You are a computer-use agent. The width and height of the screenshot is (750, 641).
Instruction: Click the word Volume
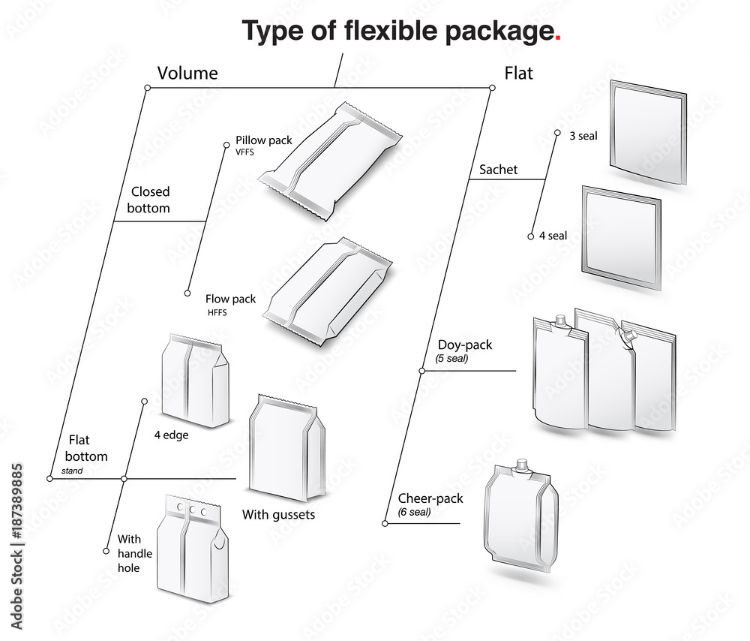tap(187, 73)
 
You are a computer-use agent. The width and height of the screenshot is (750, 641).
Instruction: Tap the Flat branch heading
tap(518, 73)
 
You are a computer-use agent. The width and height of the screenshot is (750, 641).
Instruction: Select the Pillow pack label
tap(264, 140)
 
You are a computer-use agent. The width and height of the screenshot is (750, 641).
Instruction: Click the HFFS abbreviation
tap(217, 311)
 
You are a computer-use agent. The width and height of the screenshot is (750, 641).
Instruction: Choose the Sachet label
tap(499, 170)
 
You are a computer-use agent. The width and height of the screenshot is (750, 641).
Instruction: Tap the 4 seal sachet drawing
tap(621, 237)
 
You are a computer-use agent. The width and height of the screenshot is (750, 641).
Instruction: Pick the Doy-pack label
tap(465, 345)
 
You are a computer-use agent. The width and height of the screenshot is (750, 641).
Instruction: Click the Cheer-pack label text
tap(430, 498)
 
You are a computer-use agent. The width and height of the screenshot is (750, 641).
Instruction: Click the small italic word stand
tap(72, 472)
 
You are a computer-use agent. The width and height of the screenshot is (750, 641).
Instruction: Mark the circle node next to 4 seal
tap(531, 236)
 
